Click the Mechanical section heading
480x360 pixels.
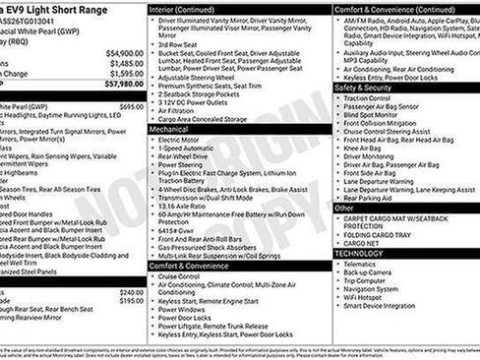[168, 128]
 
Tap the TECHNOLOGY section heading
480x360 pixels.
[358, 253]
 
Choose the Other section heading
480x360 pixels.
[344, 209]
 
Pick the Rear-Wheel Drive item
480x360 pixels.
[187, 154]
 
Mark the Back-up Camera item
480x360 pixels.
[369, 272]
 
